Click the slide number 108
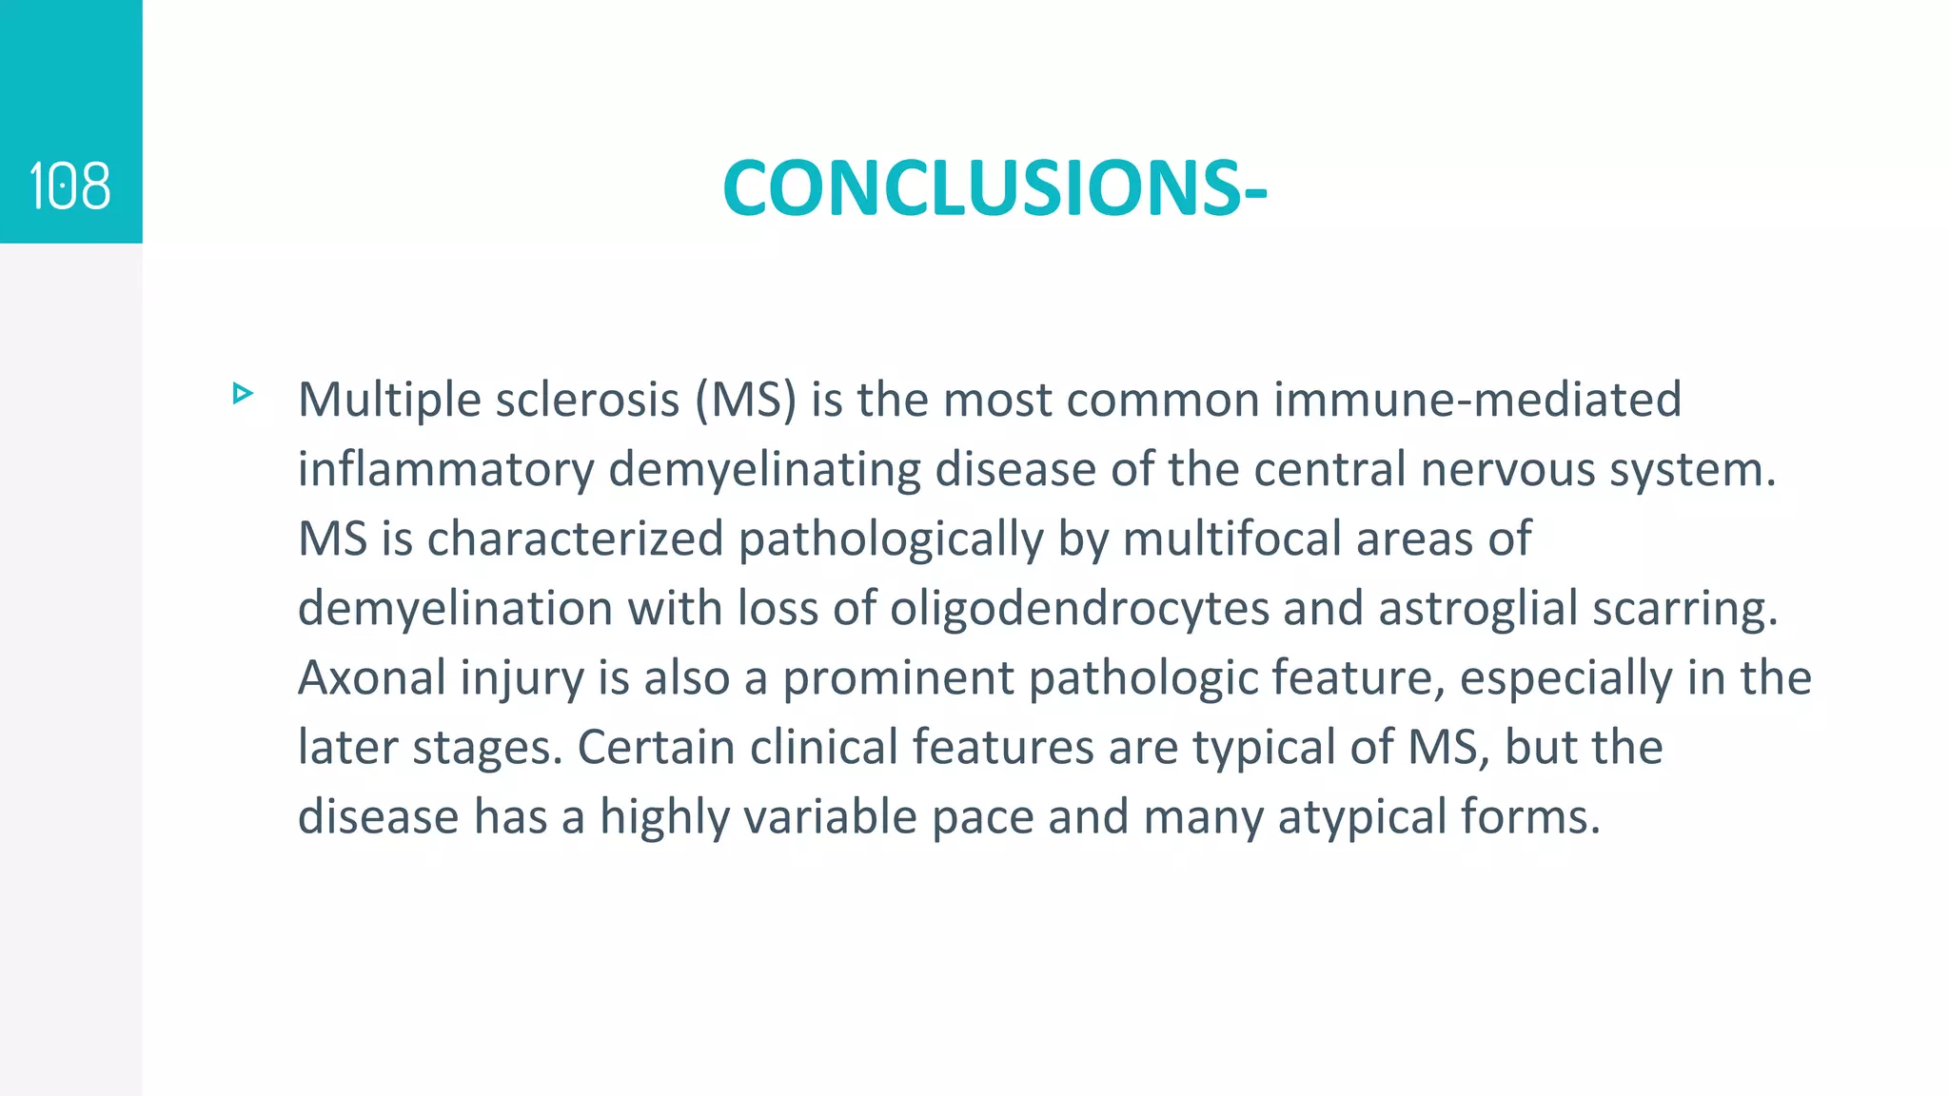[x=70, y=186]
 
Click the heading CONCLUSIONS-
[x=994, y=188]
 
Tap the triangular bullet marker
[x=243, y=394]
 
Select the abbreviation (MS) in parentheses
[x=745, y=400]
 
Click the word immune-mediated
[x=1477, y=400]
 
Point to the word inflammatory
[x=445, y=470]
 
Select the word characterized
[x=575, y=539]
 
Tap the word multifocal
[x=1231, y=539]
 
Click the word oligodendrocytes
[x=1079, y=609]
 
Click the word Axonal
[x=372, y=678]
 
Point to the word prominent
[x=897, y=678]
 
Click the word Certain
[x=656, y=748]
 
